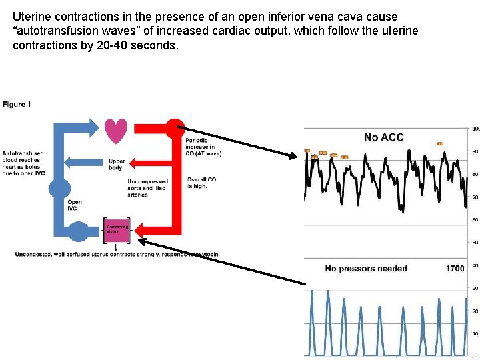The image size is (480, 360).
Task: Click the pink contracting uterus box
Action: click(x=117, y=229)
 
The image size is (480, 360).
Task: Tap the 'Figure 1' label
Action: click(x=17, y=104)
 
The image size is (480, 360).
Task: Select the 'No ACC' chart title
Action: click(x=383, y=137)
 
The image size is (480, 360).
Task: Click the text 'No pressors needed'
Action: click(x=365, y=269)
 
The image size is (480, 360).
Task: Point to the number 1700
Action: click(x=455, y=269)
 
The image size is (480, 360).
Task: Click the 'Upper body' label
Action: click(x=116, y=164)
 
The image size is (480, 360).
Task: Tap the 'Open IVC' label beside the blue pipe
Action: click(x=74, y=205)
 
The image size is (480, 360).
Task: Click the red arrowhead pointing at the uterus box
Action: click(x=136, y=229)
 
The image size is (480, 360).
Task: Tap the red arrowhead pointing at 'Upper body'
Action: click(x=133, y=161)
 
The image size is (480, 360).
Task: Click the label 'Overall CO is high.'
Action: click(x=201, y=183)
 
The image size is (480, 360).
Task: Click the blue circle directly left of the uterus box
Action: click(x=78, y=231)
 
